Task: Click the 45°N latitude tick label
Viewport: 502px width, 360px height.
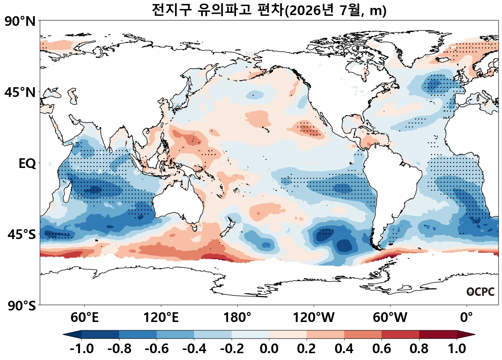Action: (x=20, y=92)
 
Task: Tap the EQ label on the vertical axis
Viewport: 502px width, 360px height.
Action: (x=27, y=164)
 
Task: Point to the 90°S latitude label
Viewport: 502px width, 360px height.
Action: (x=22, y=305)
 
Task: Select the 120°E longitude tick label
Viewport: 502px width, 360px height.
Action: (x=161, y=317)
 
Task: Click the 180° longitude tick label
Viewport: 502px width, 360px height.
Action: (x=237, y=317)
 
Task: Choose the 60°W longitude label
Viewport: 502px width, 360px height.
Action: (x=390, y=317)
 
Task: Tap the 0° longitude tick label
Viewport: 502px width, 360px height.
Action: (x=467, y=317)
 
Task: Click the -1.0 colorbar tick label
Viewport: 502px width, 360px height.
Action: (x=82, y=349)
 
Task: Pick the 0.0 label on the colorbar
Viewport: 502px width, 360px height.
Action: (x=269, y=349)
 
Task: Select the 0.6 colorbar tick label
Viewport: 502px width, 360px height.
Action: (x=382, y=349)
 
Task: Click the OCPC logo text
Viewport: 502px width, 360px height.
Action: (x=480, y=292)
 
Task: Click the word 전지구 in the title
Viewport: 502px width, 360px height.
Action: (x=172, y=10)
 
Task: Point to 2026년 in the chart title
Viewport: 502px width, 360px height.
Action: (x=311, y=10)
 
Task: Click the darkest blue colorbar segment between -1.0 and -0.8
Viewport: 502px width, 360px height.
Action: (x=100, y=334)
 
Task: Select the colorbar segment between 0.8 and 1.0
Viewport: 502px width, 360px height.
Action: (x=438, y=334)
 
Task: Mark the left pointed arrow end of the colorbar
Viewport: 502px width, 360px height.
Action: (x=63, y=335)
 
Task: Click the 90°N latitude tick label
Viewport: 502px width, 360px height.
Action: (x=20, y=22)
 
